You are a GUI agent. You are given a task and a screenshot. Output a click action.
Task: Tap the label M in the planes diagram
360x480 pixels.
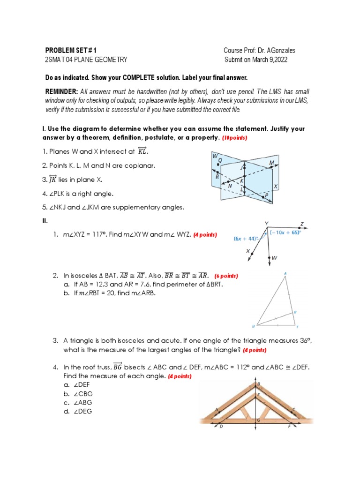coord(271,162)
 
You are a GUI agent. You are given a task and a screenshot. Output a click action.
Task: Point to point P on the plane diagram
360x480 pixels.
coord(266,195)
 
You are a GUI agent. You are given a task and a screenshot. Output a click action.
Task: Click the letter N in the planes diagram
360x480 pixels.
coord(230,186)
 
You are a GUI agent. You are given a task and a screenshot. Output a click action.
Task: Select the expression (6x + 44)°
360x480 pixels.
coord(246,238)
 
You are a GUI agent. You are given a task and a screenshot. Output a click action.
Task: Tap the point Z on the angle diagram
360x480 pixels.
coord(302,224)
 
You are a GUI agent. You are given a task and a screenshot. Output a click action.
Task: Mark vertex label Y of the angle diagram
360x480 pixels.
coord(266,223)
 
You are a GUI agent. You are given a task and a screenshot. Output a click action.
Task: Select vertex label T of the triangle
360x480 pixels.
coord(297,327)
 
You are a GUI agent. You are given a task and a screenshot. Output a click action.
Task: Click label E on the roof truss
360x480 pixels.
coord(258,395)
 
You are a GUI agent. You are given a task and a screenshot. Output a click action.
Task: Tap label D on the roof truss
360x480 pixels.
coord(221,427)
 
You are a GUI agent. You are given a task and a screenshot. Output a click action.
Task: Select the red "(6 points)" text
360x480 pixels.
coord(226,276)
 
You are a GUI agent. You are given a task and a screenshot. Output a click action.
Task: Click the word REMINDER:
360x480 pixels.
coord(61,91)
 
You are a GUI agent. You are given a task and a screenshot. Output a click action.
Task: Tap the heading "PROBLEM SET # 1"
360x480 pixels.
coord(71,50)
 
